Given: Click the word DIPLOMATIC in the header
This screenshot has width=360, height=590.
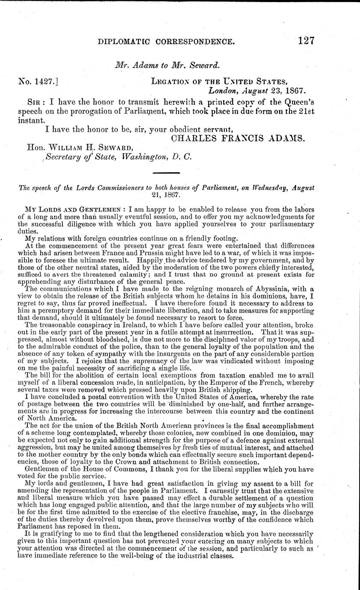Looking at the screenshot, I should (124, 41).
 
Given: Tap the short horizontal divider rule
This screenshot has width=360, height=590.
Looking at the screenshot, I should (165, 172).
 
